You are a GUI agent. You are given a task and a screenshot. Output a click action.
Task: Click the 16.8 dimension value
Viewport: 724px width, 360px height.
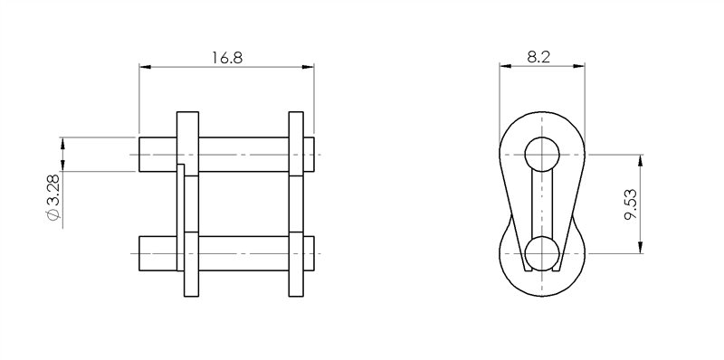tap(227, 58)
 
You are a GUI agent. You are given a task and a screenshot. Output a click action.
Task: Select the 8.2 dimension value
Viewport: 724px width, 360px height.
tap(538, 57)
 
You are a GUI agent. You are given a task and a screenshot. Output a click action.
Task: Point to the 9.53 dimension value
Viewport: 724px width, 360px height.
tap(630, 204)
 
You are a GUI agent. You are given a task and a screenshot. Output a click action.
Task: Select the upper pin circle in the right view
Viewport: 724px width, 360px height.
tap(542, 154)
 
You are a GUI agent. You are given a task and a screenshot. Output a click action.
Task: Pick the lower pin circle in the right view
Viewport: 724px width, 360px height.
tap(542, 253)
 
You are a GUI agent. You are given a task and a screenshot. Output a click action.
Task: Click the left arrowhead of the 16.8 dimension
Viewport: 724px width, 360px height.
tap(145, 67)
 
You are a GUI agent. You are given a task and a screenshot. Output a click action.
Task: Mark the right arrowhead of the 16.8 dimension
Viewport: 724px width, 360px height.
tap(308, 67)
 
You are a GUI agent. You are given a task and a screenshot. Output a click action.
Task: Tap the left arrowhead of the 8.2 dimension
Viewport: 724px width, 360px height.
tap(506, 66)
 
